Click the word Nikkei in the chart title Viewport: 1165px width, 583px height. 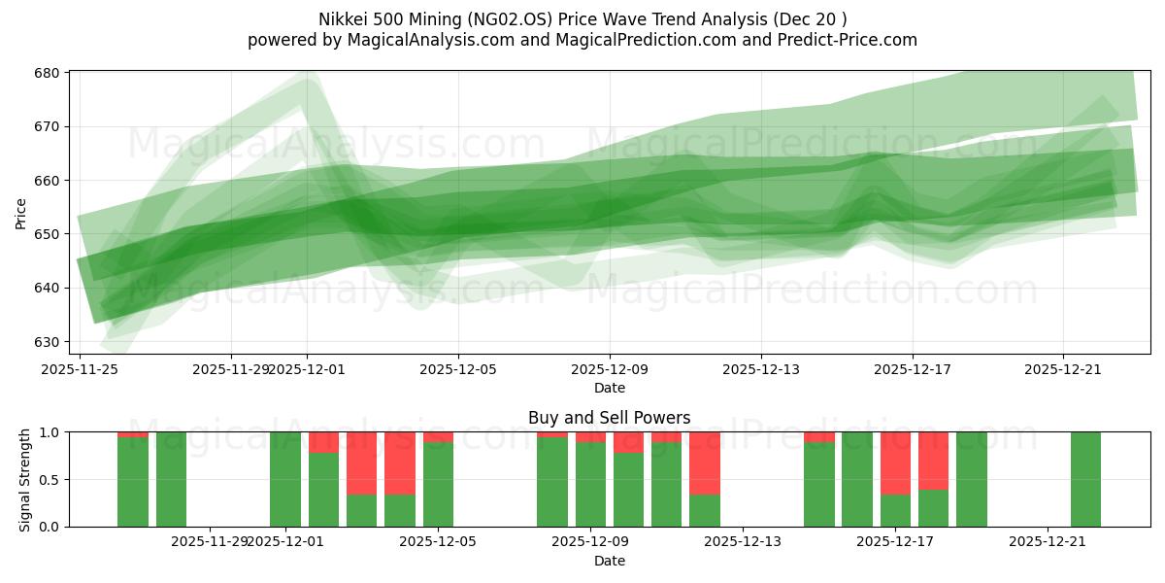[340, 19]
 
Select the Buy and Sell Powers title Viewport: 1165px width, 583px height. [609, 418]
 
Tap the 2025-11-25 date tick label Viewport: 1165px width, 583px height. [79, 369]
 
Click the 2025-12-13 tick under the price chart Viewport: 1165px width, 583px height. [761, 369]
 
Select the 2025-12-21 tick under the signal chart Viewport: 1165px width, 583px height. [1048, 541]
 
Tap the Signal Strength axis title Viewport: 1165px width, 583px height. [25, 479]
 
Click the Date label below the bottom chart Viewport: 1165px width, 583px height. [609, 561]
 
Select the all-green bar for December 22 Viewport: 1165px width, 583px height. [1085, 479]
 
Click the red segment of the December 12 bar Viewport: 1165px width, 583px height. [705, 463]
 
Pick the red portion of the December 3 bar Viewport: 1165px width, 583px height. [361, 463]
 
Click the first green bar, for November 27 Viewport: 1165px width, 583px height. [133, 481]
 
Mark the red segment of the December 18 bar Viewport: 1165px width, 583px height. [933, 461]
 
